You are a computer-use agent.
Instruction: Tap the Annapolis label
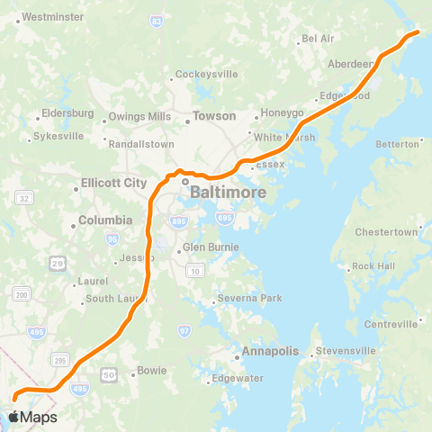pos(267,351)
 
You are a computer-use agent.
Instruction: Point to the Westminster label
pos(51,17)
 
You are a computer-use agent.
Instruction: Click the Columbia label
pos(105,220)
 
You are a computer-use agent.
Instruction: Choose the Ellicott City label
pos(113,183)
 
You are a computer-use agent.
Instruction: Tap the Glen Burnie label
pos(211,247)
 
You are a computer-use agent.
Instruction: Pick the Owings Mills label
pos(139,117)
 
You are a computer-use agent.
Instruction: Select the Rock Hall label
pos(373,266)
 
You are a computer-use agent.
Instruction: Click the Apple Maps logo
pos(32,417)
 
